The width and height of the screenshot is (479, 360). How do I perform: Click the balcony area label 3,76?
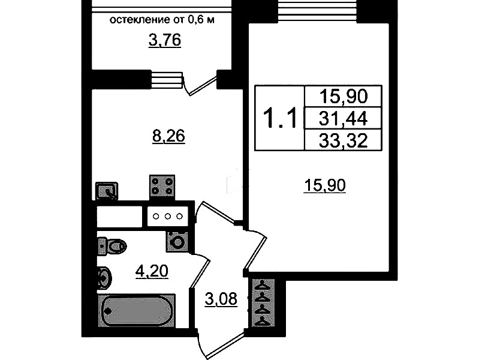tap(165, 40)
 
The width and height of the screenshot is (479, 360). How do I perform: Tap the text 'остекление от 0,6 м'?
tap(162, 20)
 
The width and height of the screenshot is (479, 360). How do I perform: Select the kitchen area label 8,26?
tap(168, 136)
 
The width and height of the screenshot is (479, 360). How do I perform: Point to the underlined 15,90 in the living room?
tap(325, 185)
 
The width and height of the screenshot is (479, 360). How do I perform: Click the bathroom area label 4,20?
tap(152, 271)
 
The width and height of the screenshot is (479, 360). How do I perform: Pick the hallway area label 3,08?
tap(221, 299)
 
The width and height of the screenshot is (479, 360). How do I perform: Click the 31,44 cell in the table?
tap(343, 118)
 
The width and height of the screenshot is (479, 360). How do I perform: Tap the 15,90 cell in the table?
tap(343, 97)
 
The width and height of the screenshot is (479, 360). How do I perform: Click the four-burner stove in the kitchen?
tap(162, 186)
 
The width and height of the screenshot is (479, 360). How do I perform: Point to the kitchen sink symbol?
tap(107, 191)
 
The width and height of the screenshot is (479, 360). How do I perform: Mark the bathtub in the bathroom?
tap(136, 310)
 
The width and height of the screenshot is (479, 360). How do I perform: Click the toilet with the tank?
tap(112, 245)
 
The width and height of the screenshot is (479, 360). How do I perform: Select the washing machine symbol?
tap(177, 241)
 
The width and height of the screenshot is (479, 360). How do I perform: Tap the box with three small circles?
tap(168, 217)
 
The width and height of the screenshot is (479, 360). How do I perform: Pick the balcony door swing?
tap(200, 84)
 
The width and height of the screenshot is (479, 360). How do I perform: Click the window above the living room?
tap(317, 11)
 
